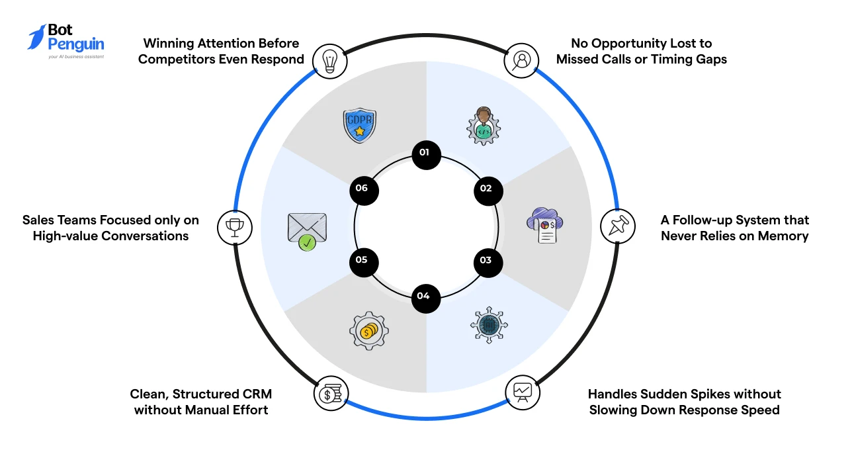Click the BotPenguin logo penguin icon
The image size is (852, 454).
[36, 37]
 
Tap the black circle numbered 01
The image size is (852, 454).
[427, 155]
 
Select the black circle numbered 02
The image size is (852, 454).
[488, 191]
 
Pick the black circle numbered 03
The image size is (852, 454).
[488, 263]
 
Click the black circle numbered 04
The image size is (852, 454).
[426, 298]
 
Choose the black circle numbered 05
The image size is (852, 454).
[364, 262]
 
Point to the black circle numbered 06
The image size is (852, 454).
[364, 191]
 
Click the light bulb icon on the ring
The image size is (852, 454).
[330, 61]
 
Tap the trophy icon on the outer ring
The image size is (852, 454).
[235, 228]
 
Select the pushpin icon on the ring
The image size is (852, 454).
[618, 226]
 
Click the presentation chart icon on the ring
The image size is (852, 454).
[523, 392]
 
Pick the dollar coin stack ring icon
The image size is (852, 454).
[331, 394]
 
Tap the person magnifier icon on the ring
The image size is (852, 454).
[521, 60]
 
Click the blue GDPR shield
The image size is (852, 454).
[359, 126]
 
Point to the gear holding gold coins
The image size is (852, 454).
[369, 330]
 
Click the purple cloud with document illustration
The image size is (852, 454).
[545, 225]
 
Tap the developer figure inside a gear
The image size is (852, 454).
[484, 126]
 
